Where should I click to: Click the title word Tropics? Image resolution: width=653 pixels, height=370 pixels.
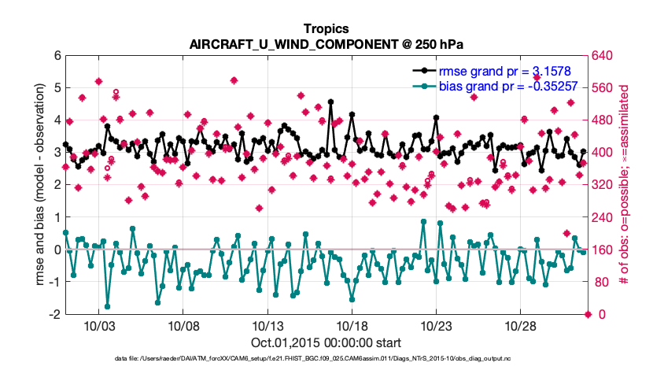point(326,29)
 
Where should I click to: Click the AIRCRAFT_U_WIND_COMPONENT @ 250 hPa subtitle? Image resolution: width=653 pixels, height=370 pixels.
point(326,44)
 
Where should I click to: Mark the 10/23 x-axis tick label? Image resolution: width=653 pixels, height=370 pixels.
point(436,325)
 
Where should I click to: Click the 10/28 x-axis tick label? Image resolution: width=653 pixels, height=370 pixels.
point(520,325)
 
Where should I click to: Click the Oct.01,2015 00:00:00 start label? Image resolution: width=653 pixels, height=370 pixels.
point(326,342)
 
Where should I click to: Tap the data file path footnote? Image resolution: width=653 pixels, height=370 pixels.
point(326,359)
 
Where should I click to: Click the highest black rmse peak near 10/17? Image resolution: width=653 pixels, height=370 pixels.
point(330,102)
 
